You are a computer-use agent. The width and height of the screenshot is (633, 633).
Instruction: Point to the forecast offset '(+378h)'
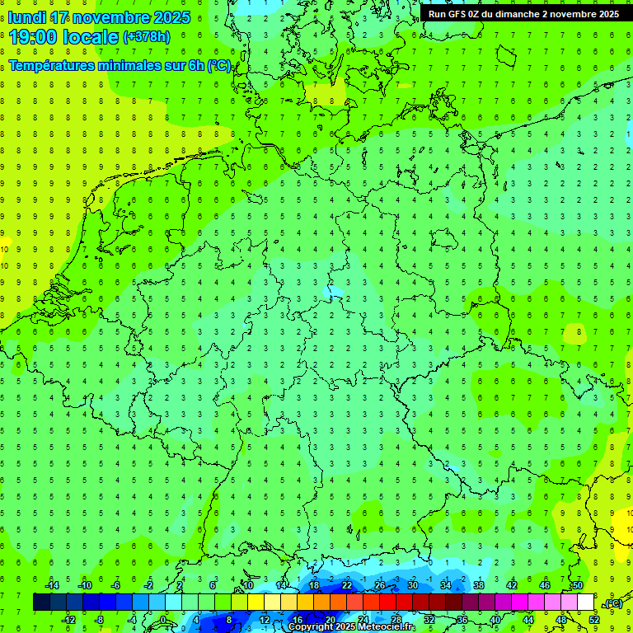(146, 37)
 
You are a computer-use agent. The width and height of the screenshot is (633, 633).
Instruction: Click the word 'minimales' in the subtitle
(129, 66)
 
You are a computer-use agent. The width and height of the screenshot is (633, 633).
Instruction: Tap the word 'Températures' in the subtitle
(49, 66)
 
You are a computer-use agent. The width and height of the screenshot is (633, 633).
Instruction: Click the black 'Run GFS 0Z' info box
(523, 14)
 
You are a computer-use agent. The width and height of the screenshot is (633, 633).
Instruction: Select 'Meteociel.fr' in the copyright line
(380, 627)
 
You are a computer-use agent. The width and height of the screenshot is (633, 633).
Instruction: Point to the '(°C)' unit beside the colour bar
(612, 603)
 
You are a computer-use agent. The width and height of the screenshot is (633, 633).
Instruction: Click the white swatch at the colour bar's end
(585, 603)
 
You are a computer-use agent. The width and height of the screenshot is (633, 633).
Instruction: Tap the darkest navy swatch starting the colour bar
(41, 603)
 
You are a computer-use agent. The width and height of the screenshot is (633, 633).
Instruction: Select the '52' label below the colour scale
(594, 620)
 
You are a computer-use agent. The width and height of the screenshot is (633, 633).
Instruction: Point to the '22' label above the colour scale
(347, 585)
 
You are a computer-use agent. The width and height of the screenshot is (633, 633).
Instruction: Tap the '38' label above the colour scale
(479, 585)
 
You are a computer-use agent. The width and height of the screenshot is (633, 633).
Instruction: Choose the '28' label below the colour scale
(396, 620)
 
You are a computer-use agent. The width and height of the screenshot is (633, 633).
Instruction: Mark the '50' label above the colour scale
(578, 585)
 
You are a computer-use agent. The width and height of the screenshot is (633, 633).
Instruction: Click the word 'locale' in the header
(87, 37)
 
